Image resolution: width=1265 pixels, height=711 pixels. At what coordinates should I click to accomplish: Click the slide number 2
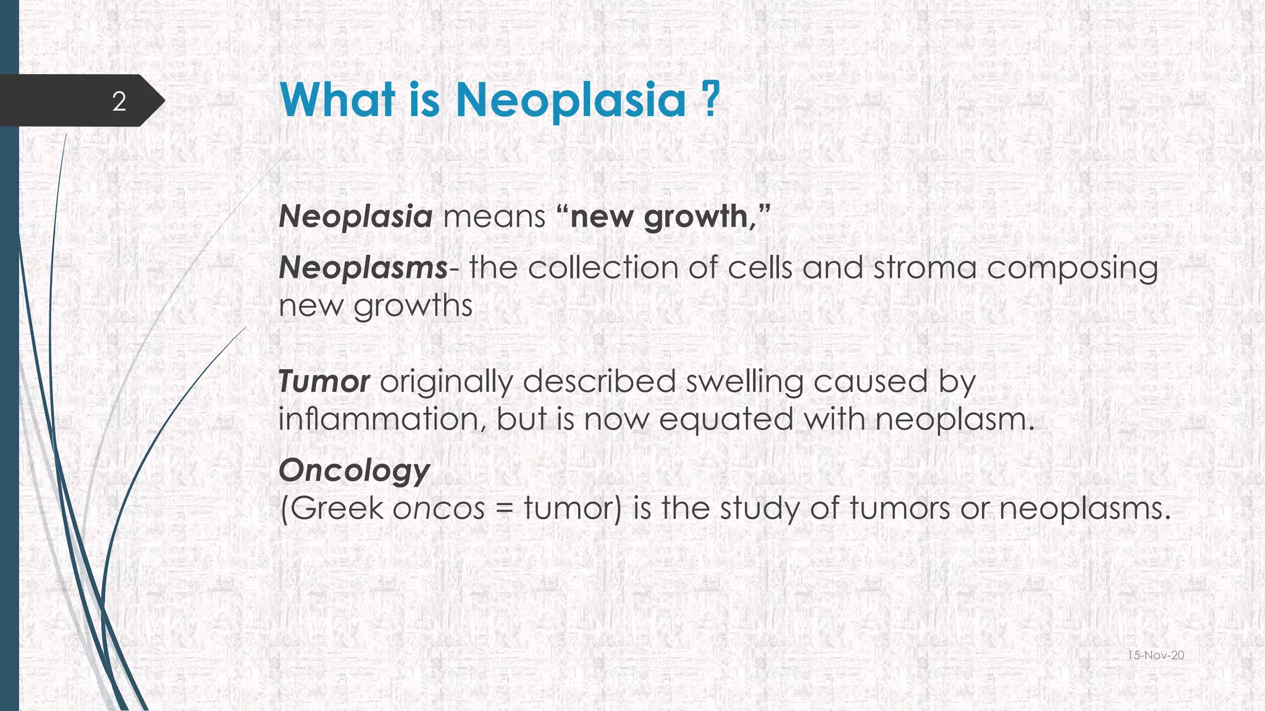click(119, 101)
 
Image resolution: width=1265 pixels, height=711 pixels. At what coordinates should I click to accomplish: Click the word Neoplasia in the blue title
click(571, 100)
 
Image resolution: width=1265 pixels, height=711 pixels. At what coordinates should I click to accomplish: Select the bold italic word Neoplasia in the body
click(355, 217)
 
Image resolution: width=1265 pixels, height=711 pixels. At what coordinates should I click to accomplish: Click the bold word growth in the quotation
click(696, 217)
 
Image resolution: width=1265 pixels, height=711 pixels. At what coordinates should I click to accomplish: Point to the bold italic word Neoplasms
click(363, 268)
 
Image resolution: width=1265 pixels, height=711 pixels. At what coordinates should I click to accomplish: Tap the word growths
click(413, 306)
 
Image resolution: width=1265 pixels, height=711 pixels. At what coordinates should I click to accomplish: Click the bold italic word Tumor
click(324, 381)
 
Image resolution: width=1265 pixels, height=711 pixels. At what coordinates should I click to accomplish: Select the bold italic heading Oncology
click(354, 472)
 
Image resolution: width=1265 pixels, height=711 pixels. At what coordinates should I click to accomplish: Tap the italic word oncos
click(439, 510)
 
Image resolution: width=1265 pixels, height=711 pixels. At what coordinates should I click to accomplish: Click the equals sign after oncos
click(504, 510)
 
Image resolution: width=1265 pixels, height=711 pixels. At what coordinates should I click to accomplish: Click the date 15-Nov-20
click(1156, 655)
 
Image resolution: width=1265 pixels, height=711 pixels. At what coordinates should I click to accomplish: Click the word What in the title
click(337, 100)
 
